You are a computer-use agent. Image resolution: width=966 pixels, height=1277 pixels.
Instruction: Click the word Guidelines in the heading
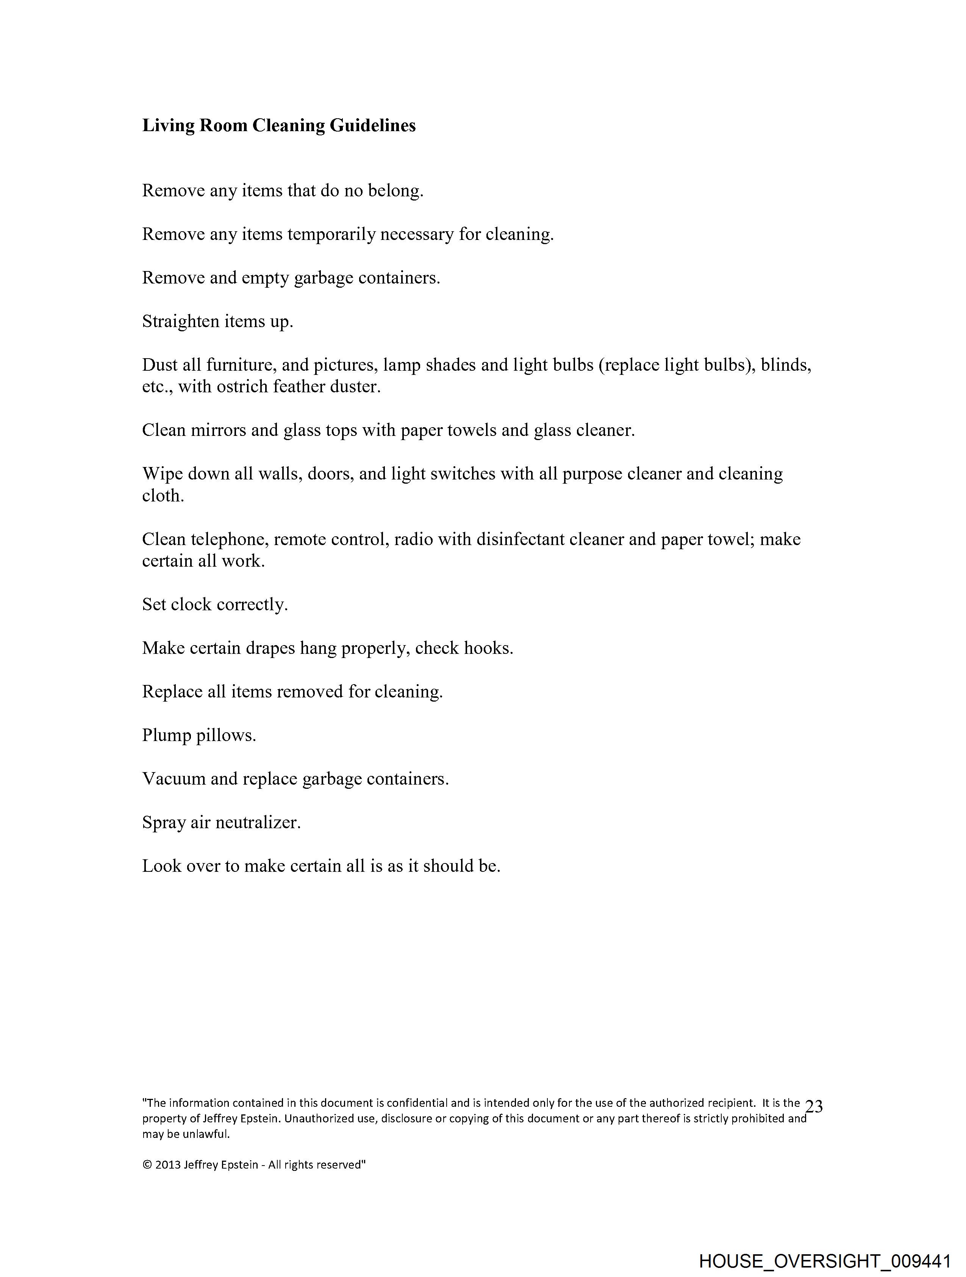tap(372, 125)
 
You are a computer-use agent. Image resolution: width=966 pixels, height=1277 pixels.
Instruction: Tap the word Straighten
tap(180, 321)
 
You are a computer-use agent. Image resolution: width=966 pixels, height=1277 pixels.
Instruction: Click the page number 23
tap(814, 1106)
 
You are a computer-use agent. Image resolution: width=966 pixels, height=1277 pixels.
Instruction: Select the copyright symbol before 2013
tap(147, 1164)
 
